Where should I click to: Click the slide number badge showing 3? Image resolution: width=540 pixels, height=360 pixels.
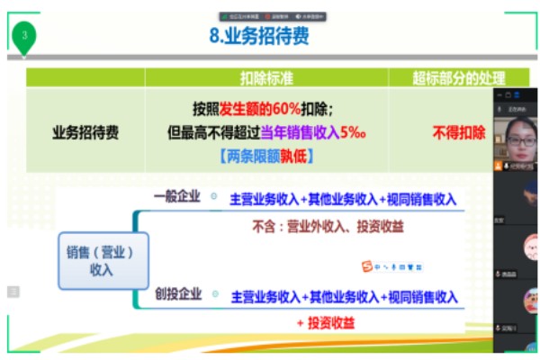pyautogui.click(x=25, y=35)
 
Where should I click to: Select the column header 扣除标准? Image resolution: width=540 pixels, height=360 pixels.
pyautogui.click(x=266, y=78)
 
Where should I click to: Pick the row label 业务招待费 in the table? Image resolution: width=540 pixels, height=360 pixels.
pyautogui.click(x=85, y=132)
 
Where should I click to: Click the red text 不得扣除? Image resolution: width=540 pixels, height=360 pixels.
pyautogui.click(x=458, y=132)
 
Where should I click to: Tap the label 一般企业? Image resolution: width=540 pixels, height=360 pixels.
pyautogui.click(x=178, y=197)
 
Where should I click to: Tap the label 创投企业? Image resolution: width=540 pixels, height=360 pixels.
pyautogui.click(x=178, y=294)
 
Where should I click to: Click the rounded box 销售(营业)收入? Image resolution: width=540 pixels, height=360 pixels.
pyautogui.click(x=102, y=261)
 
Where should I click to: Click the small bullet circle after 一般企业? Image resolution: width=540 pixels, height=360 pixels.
pyautogui.click(x=214, y=196)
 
